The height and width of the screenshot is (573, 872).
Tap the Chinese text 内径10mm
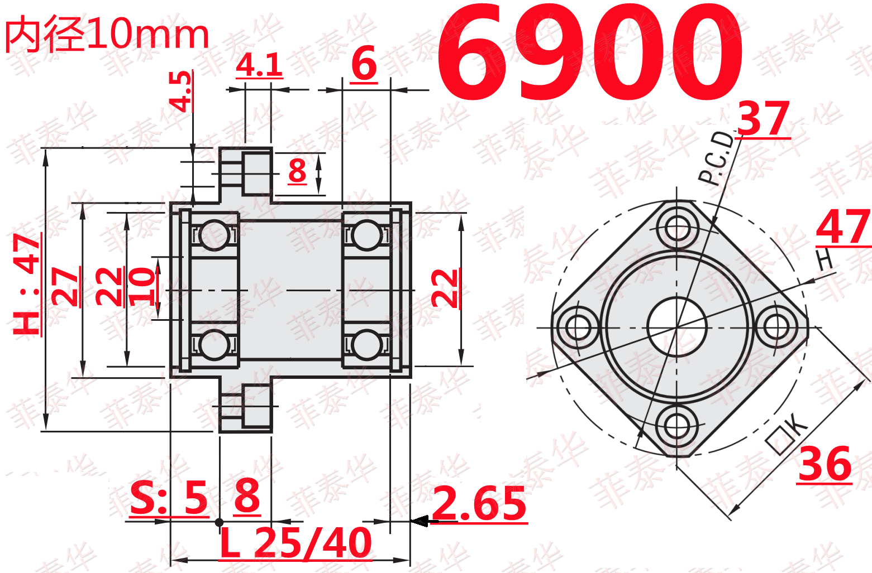pos(107,35)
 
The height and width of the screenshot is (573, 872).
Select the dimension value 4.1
pos(259,65)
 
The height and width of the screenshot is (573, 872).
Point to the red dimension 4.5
pos(180,91)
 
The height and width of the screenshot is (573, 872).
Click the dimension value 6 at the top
pos(364,64)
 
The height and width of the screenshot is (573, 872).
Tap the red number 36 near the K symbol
pos(825,464)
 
